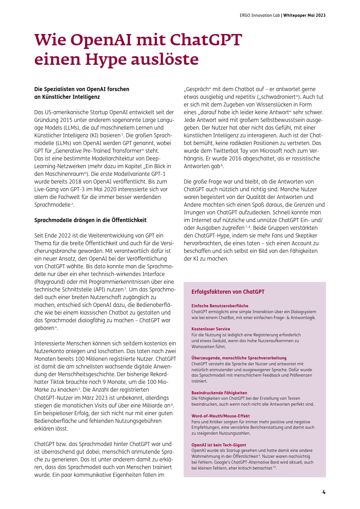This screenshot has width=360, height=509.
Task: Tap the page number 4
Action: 324,492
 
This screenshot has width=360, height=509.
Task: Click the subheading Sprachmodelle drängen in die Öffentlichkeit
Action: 90,220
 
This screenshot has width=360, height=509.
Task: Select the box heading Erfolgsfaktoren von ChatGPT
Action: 228,292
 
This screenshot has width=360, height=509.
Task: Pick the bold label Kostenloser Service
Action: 211,329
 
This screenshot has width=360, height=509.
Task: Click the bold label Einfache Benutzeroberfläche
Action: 220,306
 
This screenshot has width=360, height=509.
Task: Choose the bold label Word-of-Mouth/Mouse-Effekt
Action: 221,416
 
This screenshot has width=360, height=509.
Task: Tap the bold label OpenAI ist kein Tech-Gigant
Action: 219,445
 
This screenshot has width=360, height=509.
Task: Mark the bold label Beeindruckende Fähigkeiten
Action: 219,393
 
